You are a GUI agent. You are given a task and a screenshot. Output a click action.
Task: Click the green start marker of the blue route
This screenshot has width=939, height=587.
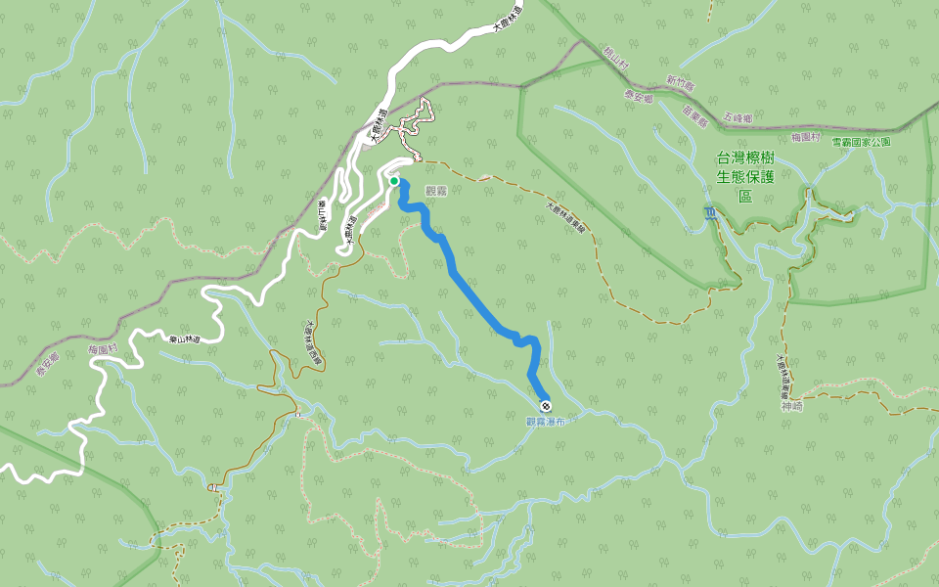click(393, 181)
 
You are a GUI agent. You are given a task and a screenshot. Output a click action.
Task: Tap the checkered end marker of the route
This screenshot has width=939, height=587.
click(545, 406)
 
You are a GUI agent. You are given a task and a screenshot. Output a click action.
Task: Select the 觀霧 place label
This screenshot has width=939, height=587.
click(435, 191)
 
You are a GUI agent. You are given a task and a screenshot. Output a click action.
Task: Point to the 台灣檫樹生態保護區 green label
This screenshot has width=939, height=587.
click(745, 176)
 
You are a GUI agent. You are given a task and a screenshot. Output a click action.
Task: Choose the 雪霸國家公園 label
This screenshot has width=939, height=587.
click(861, 142)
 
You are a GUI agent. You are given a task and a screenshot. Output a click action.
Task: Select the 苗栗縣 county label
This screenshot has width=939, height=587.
click(694, 117)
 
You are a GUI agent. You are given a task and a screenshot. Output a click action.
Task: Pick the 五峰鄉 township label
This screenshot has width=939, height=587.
click(738, 117)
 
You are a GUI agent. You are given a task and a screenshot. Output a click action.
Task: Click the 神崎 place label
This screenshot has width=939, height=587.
click(791, 405)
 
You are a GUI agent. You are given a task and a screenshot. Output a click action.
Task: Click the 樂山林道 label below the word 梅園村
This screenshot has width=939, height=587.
click(184, 339)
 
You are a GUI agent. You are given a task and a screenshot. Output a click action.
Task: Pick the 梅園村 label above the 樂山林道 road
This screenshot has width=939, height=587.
click(103, 349)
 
